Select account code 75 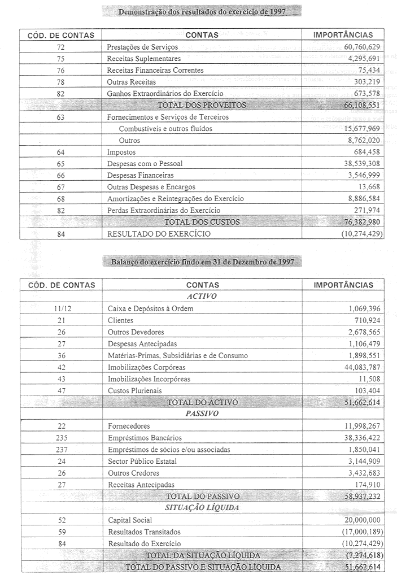(60, 58)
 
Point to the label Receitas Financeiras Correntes (155, 70)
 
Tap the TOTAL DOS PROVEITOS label (201, 105)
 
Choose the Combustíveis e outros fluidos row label (165, 129)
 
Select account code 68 (60, 199)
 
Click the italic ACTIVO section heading (202, 296)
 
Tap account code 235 (60, 437)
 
